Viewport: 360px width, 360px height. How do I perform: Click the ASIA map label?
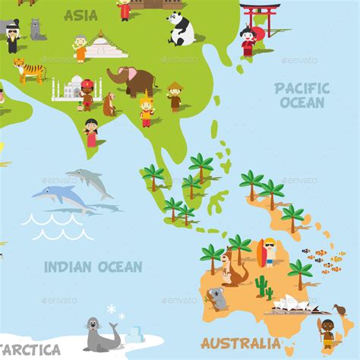(x=81, y=15)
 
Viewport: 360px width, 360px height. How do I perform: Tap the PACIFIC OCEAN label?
(x=302, y=96)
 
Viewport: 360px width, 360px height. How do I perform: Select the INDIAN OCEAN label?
(x=93, y=267)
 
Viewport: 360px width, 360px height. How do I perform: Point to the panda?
(x=181, y=29)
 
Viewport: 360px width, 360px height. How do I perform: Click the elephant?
(x=131, y=80)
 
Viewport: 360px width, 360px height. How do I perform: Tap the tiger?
(x=30, y=70)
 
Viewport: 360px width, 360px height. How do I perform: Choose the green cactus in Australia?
(x=263, y=286)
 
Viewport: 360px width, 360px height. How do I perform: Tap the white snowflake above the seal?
(x=112, y=309)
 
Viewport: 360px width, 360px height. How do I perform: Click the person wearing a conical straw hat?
(x=175, y=96)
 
